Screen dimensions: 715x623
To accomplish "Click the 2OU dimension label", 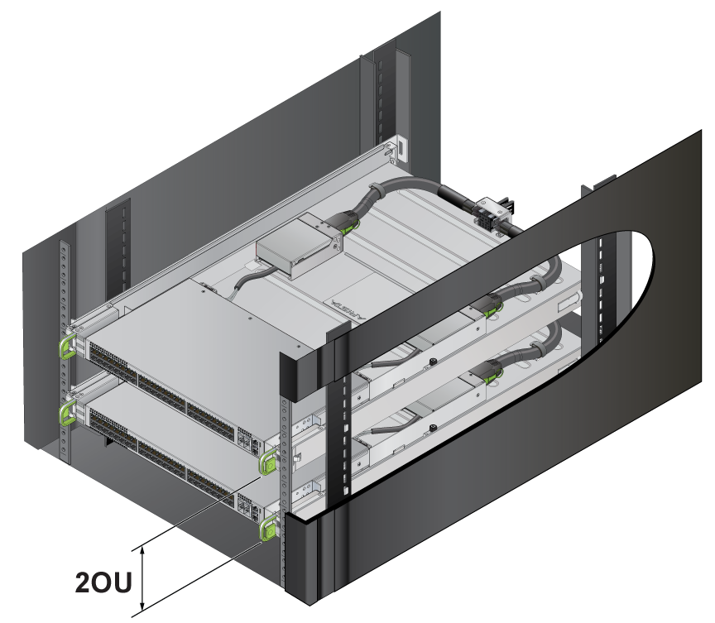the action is click(x=103, y=582).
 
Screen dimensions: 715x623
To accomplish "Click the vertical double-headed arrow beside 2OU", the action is click(x=142, y=578).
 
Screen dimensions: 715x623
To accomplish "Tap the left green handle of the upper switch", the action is click(x=66, y=346).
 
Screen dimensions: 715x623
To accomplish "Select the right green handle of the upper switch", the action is click(x=269, y=462).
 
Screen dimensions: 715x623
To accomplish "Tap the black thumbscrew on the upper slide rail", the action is click(x=430, y=362).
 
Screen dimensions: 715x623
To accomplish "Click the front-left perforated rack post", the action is click(x=65, y=352).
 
